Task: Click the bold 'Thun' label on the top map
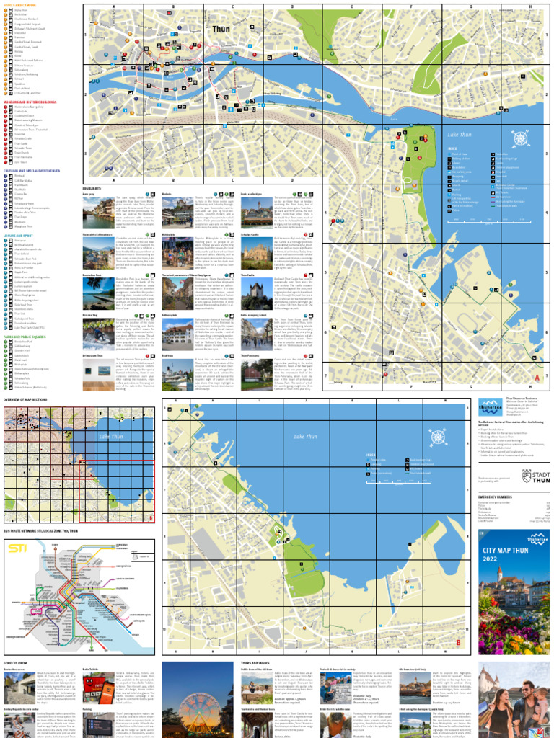(x=223, y=30)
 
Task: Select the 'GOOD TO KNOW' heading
(x=15, y=662)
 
